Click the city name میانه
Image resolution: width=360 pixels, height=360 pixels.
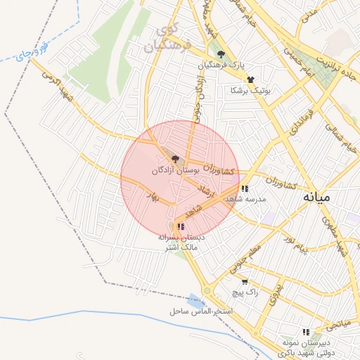click(x=316, y=198)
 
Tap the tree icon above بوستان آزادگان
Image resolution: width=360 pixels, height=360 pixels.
click(x=175, y=160)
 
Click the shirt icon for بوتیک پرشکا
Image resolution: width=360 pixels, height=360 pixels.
click(x=250, y=80)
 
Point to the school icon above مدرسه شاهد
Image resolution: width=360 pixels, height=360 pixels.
click(x=244, y=188)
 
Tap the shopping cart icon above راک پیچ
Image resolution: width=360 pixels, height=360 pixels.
click(x=244, y=281)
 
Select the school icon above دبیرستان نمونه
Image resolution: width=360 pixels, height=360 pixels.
click(x=305, y=331)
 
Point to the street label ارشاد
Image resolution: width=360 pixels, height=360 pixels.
click(x=206, y=191)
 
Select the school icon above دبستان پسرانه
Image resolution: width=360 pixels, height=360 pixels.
click(x=181, y=226)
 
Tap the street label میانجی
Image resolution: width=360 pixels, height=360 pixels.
click(x=337, y=324)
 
